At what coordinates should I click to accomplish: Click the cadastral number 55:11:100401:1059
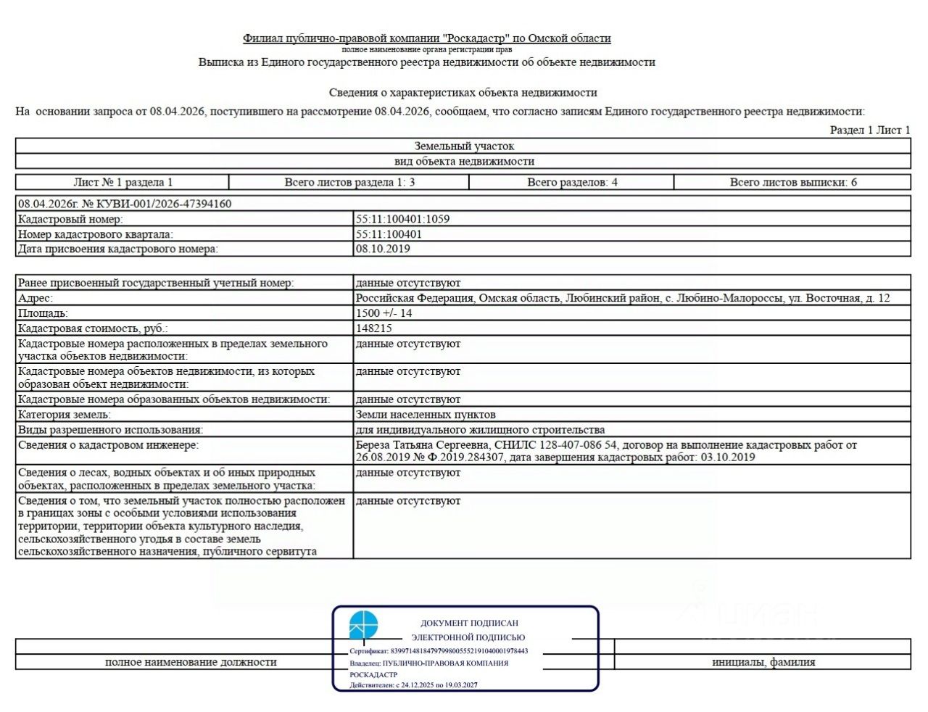[x=402, y=219]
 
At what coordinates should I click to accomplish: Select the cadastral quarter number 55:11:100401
[x=389, y=234]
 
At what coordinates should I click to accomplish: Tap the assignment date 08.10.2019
[x=383, y=249]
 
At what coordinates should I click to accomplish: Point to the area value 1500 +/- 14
[x=384, y=313]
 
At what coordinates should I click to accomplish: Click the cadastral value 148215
[x=374, y=328]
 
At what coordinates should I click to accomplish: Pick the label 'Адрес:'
[x=36, y=298]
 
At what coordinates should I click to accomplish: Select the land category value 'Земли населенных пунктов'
[x=426, y=415]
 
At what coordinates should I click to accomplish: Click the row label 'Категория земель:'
[x=65, y=415]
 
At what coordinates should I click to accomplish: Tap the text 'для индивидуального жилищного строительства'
[x=480, y=430]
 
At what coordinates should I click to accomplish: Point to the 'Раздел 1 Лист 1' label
[x=870, y=130]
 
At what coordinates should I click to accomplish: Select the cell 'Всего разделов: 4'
[x=572, y=182]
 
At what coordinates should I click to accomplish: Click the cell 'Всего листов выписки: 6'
[x=793, y=182]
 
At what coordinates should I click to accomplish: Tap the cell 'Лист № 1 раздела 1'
[x=123, y=182]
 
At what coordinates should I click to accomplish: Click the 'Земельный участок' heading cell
[x=464, y=146]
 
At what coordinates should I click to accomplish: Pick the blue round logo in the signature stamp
[x=363, y=625]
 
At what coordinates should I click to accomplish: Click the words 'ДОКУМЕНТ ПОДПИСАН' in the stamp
[x=469, y=623]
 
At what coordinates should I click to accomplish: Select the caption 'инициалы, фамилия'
[x=763, y=662]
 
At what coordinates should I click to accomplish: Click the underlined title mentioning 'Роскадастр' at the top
[x=427, y=38]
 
